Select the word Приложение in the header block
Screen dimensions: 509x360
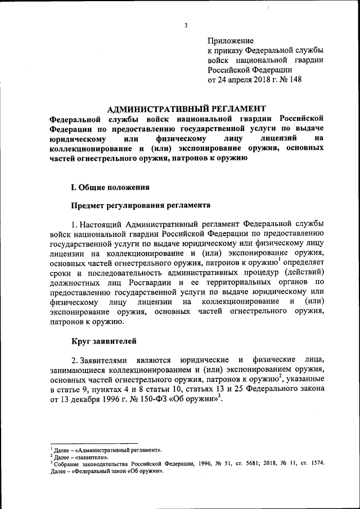pos(231,41)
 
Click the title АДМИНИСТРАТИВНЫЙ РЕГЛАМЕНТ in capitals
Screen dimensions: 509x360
pos(186,109)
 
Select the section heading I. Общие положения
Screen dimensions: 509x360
pos(109,186)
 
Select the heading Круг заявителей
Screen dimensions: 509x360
pos(103,341)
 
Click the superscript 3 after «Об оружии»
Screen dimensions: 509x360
pos(222,397)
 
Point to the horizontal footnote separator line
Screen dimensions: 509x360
pos(94,443)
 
